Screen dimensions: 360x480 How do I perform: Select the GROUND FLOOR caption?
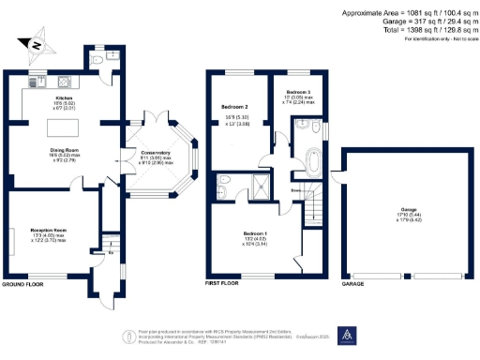click(x=23, y=283)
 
